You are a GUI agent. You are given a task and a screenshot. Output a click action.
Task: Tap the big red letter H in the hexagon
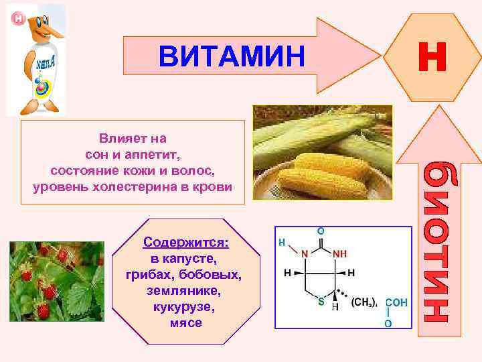coord(431,56)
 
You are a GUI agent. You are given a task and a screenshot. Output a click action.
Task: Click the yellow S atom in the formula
coord(321,302)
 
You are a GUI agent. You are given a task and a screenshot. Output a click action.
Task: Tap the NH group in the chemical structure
coord(339,254)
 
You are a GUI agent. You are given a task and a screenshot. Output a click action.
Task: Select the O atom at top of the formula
coord(321,230)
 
